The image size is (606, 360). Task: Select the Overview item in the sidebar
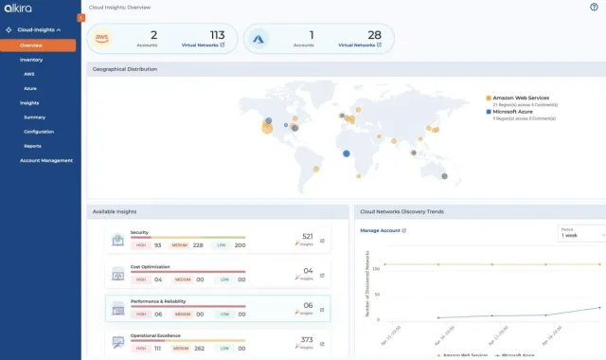point(31,45)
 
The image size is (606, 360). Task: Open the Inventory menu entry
point(31,59)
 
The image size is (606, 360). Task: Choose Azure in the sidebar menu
point(30,87)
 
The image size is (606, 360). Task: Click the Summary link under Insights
point(34,117)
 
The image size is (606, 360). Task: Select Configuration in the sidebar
point(39,131)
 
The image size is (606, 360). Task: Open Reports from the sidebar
point(32,145)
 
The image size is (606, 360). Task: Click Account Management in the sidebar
point(46,160)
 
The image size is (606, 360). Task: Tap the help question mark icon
point(594,7)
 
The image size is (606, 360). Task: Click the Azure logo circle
point(262,39)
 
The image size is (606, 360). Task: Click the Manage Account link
point(383,230)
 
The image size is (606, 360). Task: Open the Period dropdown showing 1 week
point(581,235)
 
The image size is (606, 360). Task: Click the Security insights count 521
point(307,236)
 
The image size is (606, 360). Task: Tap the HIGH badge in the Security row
point(142,244)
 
